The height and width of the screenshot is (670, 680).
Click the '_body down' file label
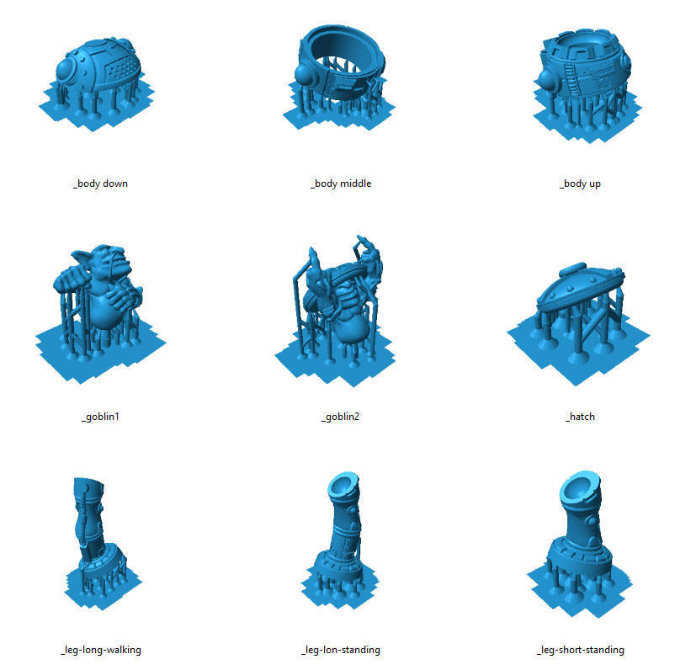coord(100,183)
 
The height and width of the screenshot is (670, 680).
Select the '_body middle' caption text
coord(340,183)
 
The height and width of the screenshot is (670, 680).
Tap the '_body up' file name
coord(580,183)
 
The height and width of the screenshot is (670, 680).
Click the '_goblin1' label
coord(100,417)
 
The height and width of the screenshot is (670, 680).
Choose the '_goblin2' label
coord(340,417)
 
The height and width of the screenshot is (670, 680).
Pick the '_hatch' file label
coord(580,417)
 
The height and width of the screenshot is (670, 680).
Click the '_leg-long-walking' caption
coord(100,650)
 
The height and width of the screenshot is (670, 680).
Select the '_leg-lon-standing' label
coord(340,650)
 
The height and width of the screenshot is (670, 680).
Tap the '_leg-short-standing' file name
coord(580,650)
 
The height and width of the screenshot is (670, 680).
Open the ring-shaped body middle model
coord(340,67)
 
